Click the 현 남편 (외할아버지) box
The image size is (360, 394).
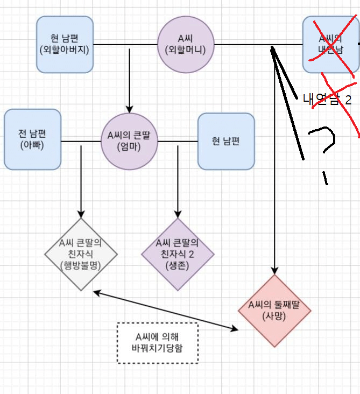(x=65, y=44)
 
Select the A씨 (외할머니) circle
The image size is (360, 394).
(x=186, y=44)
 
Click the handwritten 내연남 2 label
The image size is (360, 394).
(x=327, y=100)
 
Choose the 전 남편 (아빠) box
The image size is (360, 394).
(x=32, y=139)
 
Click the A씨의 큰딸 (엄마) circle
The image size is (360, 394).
(x=129, y=141)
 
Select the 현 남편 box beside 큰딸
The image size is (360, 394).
(x=226, y=141)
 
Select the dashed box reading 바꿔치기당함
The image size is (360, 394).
(x=157, y=342)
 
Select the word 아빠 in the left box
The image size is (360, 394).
(x=32, y=145)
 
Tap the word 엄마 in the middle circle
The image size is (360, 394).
(x=129, y=147)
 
